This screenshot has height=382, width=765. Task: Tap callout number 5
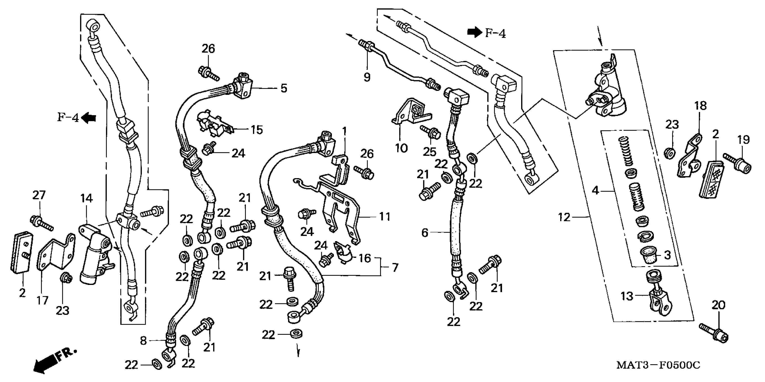(x=284, y=88)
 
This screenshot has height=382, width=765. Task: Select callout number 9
(x=367, y=77)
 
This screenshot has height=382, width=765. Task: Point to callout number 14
(x=86, y=198)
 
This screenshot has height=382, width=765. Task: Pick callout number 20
(x=718, y=305)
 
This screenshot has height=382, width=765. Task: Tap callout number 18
(x=701, y=106)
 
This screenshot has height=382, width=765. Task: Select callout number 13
(x=627, y=296)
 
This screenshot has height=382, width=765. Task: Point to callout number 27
(x=39, y=195)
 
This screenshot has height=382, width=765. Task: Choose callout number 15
(x=257, y=130)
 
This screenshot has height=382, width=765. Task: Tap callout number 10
(x=401, y=148)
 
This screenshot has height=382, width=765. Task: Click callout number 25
(x=429, y=152)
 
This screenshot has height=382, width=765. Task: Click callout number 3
(x=667, y=255)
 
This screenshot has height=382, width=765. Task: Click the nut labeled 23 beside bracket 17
(x=65, y=279)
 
